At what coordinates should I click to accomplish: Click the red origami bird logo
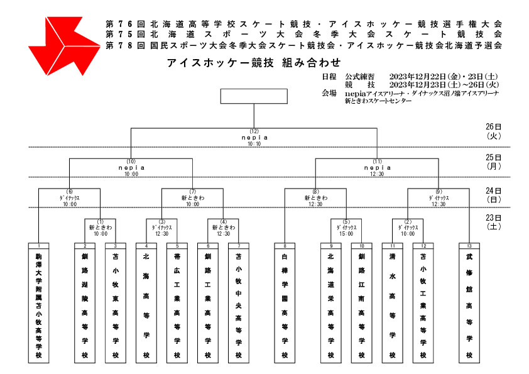pyautogui.click(x=64, y=46)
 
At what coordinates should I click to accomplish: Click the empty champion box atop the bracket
pyautogui.click(x=254, y=96)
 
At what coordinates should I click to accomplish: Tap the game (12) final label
pyautogui.click(x=254, y=131)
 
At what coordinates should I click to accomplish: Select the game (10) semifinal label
pyautogui.click(x=131, y=162)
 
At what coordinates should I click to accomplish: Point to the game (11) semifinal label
pyautogui.click(x=377, y=162)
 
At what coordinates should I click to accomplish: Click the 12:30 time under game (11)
pyautogui.click(x=377, y=174)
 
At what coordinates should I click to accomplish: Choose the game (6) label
pyautogui.click(x=70, y=191)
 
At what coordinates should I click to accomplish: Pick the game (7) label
pyautogui.click(x=193, y=191)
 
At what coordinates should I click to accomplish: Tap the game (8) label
pyautogui.click(x=315, y=191)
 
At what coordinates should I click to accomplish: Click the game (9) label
pyautogui.click(x=439, y=191)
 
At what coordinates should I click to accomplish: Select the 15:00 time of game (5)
pyautogui.click(x=346, y=234)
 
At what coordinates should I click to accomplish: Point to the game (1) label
pyautogui.click(x=100, y=222)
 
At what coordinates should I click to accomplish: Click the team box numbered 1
pyautogui.click(x=39, y=303)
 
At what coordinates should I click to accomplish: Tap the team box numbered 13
pyautogui.click(x=469, y=303)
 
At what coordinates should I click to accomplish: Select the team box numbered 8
pyautogui.click(x=285, y=303)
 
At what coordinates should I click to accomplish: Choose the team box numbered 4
pyautogui.click(x=146, y=303)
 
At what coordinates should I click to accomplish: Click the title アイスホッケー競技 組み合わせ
pyautogui.click(x=254, y=63)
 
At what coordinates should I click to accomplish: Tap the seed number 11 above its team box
pyautogui.click(x=393, y=246)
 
